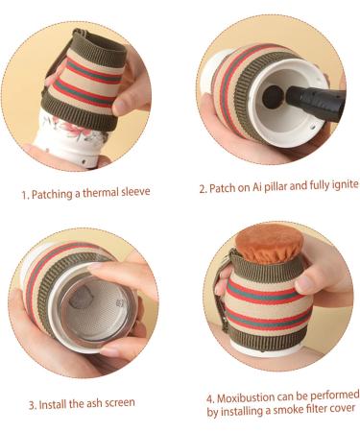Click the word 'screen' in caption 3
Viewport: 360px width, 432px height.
coord(120,402)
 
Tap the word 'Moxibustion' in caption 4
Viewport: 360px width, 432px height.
coord(246,398)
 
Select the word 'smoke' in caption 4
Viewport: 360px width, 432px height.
coord(280,410)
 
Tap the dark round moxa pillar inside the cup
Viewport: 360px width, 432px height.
coord(273,97)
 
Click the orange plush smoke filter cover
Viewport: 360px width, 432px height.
coord(270,243)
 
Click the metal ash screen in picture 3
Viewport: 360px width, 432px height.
coord(95,308)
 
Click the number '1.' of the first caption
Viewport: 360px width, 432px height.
coord(25,195)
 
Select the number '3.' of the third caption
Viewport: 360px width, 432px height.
coord(33,405)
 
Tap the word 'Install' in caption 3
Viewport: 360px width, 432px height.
coord(53,404)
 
